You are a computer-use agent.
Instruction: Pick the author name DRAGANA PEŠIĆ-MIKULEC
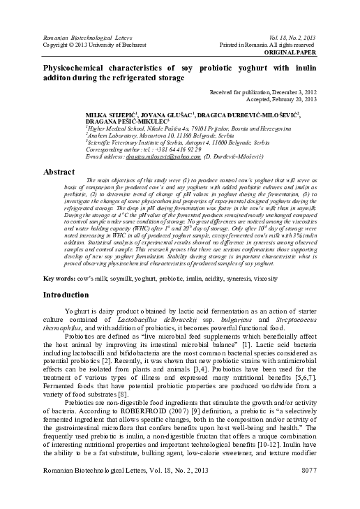pos(126,121)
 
